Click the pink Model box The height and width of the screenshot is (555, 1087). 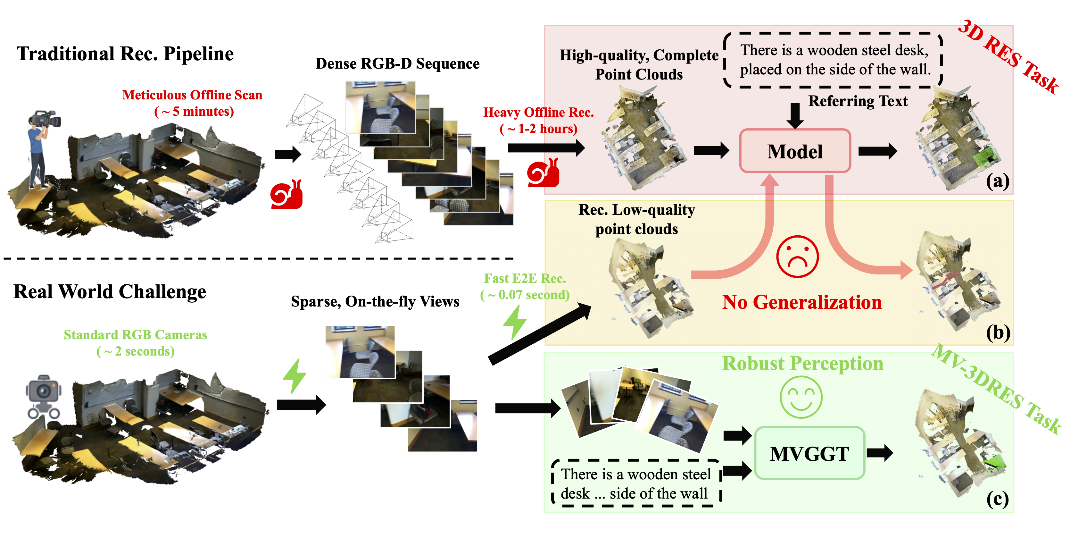(x=795, y=151)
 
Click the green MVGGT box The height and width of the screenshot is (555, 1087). (x=809, y=454)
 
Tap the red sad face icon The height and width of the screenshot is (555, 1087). (x=797, y=256)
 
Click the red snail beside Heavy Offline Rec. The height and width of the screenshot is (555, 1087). (x=543, y=173)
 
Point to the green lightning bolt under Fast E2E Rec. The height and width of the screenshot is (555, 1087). (x=515, y=322)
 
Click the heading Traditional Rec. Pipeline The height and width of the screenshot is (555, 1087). (x=125, y=54)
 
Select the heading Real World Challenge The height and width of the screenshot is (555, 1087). (x=110, y=292)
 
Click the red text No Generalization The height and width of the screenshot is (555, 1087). (x=802, y=302)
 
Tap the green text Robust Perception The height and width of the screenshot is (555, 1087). (x=802, y=363)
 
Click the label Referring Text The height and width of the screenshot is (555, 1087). (x=858, y=101)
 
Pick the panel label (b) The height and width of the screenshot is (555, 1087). (x=998, y=332)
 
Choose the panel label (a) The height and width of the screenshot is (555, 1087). (x=998, y=181)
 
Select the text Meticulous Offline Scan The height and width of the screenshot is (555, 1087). (x=192, y=95)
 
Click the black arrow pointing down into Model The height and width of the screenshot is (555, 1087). (x=795, y=115)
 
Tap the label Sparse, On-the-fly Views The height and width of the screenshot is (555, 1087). (x=375, y=301)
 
